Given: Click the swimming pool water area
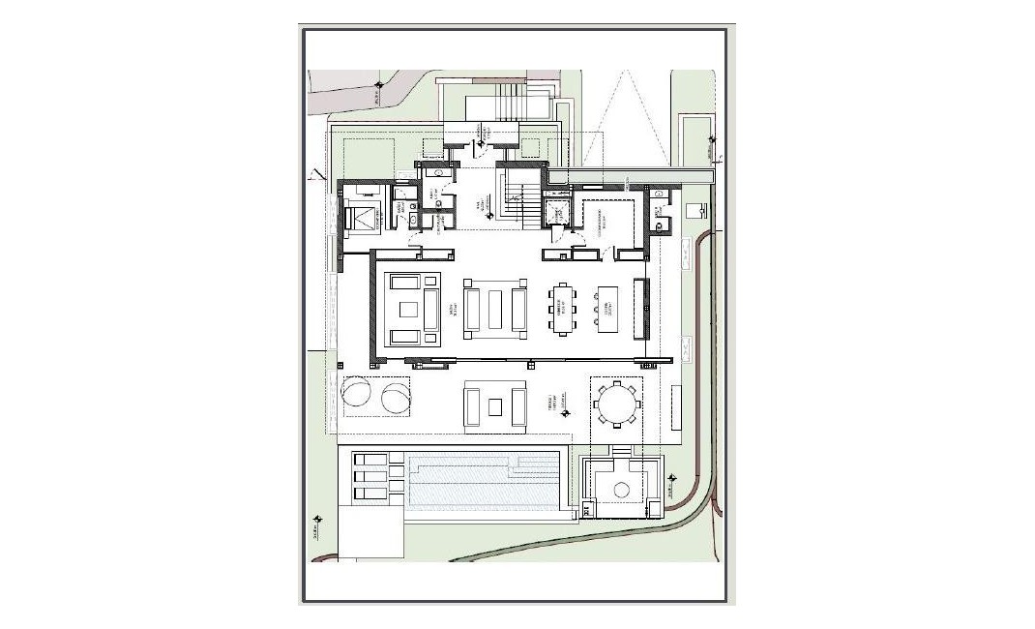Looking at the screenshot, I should tap(484, 482).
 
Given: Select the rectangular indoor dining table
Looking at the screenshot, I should tap(563, 308).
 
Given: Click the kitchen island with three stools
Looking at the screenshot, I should tap(606, 308).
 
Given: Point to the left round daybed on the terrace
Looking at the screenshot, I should tap(355, 397).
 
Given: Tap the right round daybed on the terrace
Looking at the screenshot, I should tap(395, 397).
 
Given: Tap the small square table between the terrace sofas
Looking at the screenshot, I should tap(495, 405).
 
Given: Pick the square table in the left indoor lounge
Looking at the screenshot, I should tap(407, 310).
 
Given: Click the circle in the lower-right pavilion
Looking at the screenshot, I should tap(621, 490).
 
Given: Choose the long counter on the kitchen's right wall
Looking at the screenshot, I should tap(639, 308).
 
